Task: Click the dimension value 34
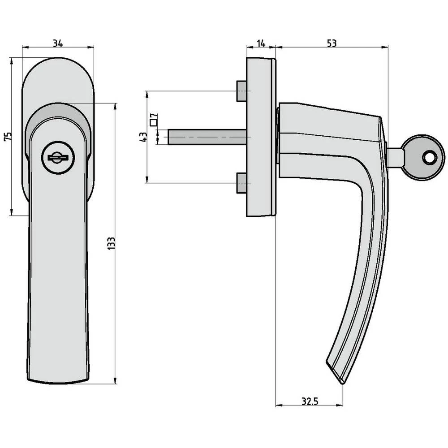57,43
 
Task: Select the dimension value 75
7,137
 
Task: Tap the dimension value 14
261,43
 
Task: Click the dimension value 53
332,43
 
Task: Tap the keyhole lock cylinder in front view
58,158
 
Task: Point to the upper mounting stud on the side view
241,91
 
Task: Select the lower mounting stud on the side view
241,183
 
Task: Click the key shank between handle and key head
394,157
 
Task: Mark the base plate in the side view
261,137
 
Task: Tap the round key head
422,157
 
